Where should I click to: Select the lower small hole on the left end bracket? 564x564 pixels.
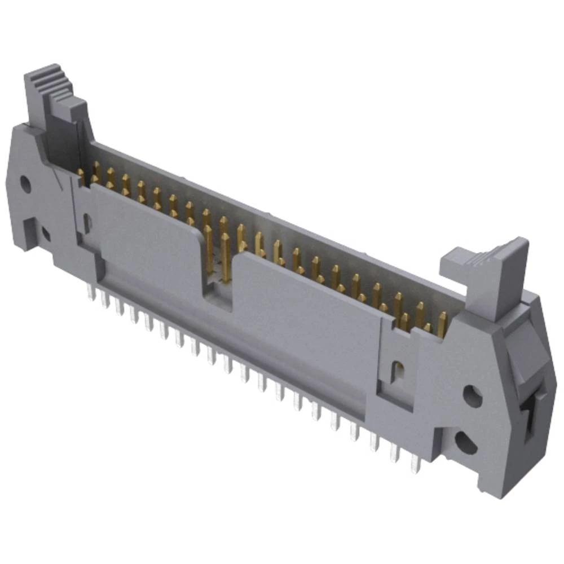[x=46, y=232]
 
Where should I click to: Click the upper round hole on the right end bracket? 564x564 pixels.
[x=472, y=394]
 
